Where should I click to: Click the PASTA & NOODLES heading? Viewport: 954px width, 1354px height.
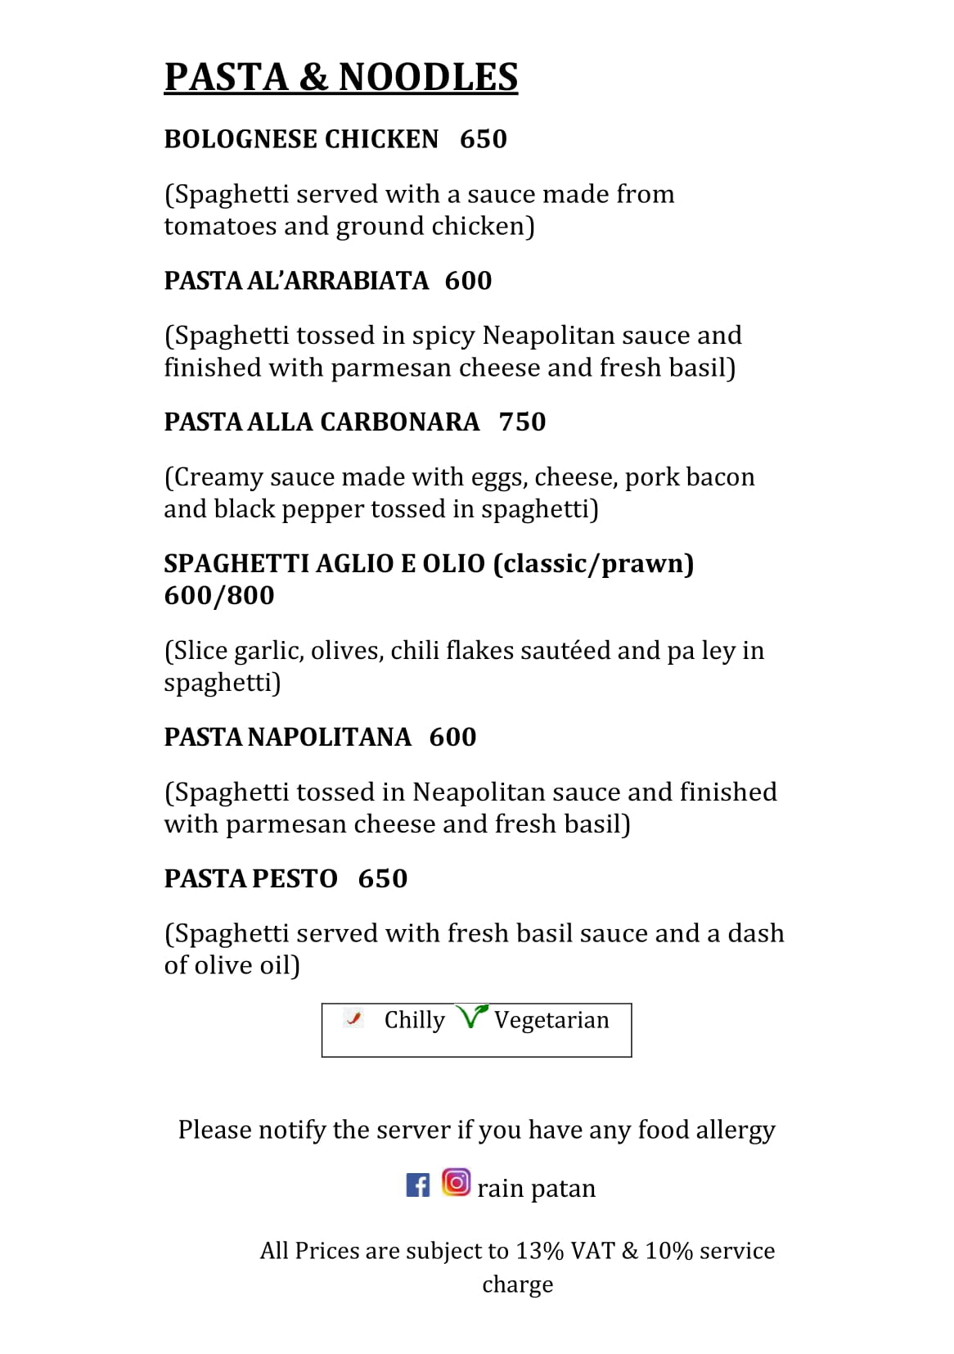[x=340, y=77]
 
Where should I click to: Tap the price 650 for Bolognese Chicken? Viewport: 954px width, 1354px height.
[x=483, y=139]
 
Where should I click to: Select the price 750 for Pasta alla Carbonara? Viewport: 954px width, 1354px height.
[x=522, y=422]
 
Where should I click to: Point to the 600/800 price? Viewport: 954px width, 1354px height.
[x=218, y=595]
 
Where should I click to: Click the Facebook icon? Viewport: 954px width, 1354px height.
[x=417, y=1185]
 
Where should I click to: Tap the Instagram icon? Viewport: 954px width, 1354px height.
[x=456, y=1181]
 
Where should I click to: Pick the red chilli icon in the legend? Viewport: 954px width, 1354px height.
[x=353, y=1018]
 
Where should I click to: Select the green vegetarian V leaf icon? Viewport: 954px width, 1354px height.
[x=472, y=1016]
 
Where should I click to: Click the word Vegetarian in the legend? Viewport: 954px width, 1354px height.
[x=551, y=1020]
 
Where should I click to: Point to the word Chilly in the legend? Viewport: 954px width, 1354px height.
[x=414, y=1020]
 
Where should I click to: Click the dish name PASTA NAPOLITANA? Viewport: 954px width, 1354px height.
[x=287, y=737]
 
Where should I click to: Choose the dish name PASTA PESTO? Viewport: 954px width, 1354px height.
[x=250, y=878]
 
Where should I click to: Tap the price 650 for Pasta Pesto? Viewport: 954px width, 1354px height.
[x=382, y=878]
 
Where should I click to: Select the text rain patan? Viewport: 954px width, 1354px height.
[x=536, y=1188]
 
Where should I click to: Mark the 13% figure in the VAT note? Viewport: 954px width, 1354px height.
[x=539, y=1251]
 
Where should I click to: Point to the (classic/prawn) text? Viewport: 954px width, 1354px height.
[x=593, y=563]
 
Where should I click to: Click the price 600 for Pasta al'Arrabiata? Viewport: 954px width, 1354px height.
[x=468, y=281]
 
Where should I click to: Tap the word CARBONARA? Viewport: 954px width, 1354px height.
[x=398, y=422]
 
